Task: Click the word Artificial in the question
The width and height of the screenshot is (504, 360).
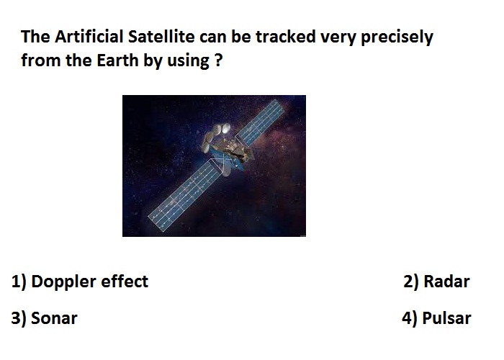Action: click(x=89, y=36)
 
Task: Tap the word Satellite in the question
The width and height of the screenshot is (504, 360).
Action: click(x=161, y=36)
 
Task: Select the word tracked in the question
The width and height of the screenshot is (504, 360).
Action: click(x=285, y=36)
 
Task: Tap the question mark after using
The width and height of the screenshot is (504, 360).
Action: click(x=219, y=60)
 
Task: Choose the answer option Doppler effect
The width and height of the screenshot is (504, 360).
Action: click(x=90, y=282)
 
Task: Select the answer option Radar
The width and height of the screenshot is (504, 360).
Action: click(x=446, y=282)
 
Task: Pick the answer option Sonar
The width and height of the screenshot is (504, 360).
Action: click(x=54, y=318)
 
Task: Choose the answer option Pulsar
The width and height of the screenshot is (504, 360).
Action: click(x=446, y=318)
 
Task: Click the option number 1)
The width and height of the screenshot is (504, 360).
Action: click(x=19, y=282)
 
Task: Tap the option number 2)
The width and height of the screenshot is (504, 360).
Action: click(x=411, y=282)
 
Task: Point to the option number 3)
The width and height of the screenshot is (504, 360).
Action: click(x=19, y=318)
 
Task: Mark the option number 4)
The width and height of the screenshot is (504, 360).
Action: click(x=410, y=318)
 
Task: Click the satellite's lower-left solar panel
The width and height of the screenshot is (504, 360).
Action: click(x=185, y=195)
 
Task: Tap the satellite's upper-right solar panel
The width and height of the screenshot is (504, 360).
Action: click(x=261, y=122)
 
